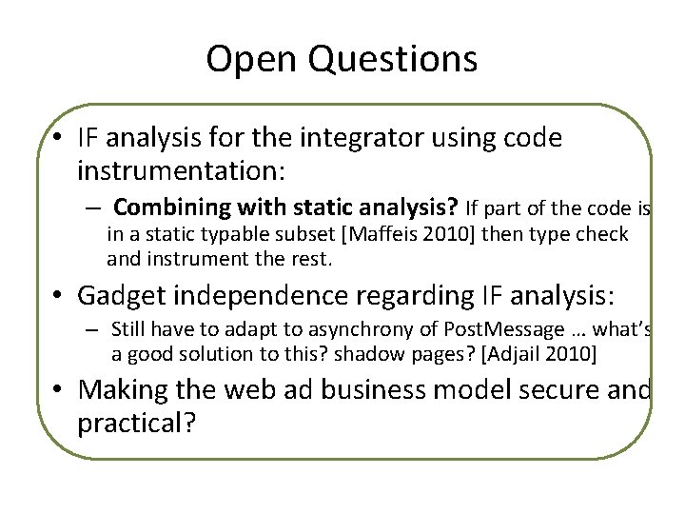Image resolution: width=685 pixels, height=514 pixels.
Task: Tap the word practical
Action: (x=131, y=422)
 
